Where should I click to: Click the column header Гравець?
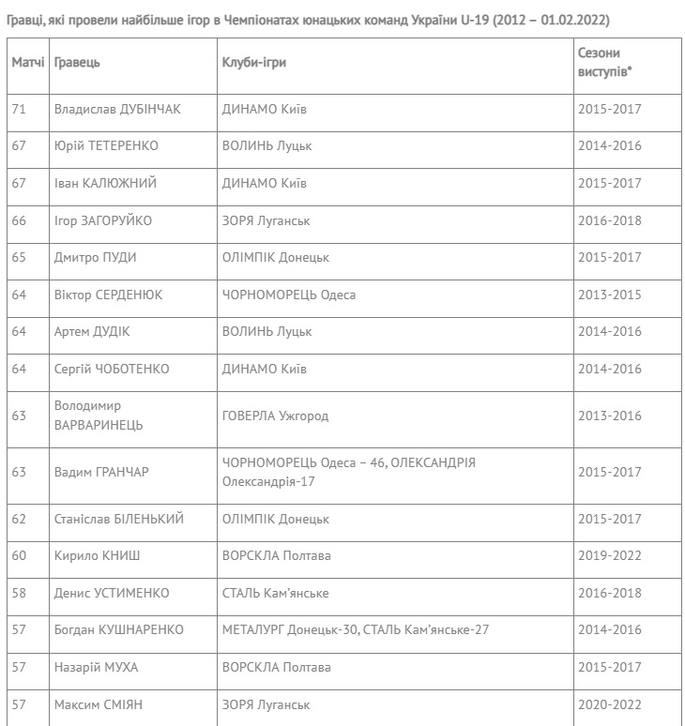point(77,62)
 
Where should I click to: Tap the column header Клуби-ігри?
point(254,62)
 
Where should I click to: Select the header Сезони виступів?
point(599,62)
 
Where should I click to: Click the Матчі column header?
point(28,62)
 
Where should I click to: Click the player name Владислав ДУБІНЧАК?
point(117,109)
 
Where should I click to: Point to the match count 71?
point(19,109)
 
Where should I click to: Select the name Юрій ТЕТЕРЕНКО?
point(106,146)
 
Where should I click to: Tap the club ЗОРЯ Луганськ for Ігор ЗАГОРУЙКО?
point(266,220)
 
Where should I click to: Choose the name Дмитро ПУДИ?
point(96,257)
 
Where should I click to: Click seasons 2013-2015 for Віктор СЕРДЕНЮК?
point(610,295)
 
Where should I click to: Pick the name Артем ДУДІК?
point(92,331)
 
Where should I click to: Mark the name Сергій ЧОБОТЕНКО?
point(112,369)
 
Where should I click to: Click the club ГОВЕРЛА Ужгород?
point(276,416)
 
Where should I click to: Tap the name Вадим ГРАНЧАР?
point(101,472)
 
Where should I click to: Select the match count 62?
point(19,519)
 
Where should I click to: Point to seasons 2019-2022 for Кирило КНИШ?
point(610,556)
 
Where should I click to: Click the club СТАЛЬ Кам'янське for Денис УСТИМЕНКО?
point(276,593)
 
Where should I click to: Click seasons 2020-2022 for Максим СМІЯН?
point(610,703)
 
